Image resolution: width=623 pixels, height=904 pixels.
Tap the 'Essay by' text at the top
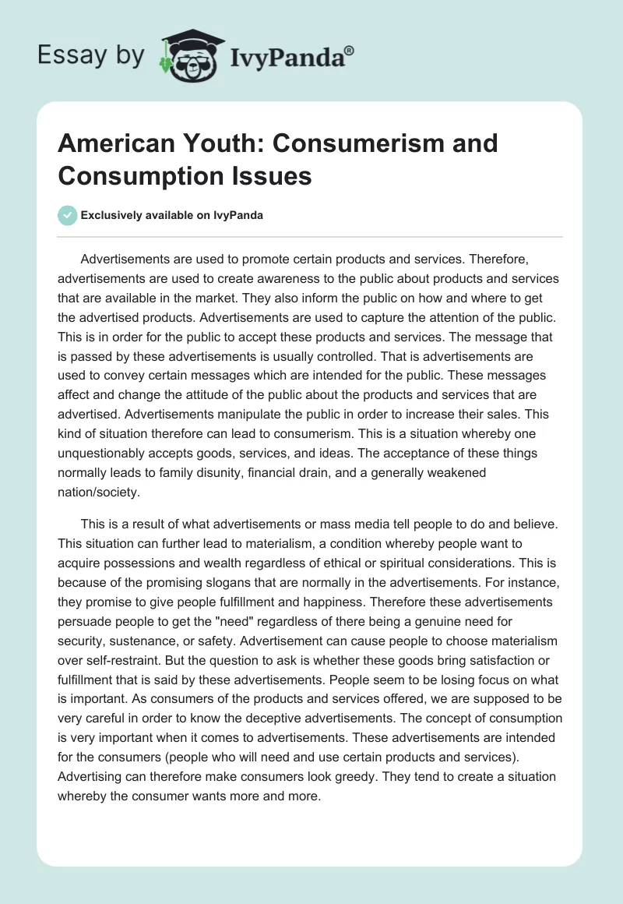click(91, 55)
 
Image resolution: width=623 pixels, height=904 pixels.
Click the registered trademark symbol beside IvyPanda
click(350, 50)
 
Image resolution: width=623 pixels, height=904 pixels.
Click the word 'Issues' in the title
click(274, 175)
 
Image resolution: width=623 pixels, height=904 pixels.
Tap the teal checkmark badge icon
click(68, 215)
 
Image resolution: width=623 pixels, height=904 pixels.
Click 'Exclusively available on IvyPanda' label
click(172, 215)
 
